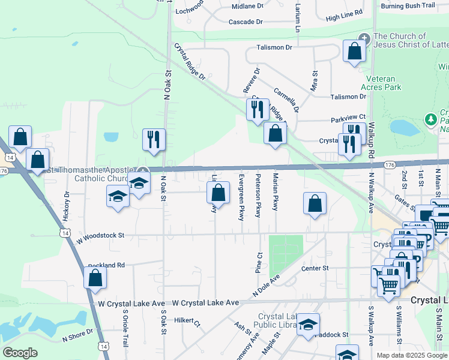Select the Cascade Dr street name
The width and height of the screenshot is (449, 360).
click(246, 22)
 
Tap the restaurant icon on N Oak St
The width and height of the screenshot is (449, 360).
click(153, 139)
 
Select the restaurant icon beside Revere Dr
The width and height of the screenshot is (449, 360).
click(258, 109)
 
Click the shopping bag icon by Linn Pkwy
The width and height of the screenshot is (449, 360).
click(218, 193)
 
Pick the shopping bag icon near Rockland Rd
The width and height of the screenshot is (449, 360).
click(95, 277)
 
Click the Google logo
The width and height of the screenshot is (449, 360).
click(20, 353)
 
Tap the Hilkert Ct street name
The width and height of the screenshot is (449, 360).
click(186, 320)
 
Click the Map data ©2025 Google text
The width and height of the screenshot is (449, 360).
click(411, 355)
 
